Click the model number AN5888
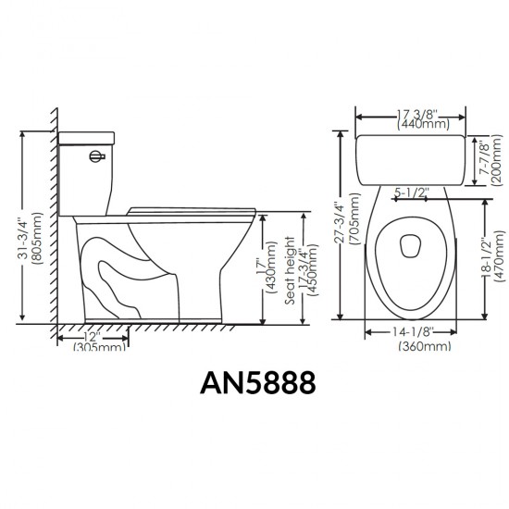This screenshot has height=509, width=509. (254, 382)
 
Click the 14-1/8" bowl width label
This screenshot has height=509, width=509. (411, 330)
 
